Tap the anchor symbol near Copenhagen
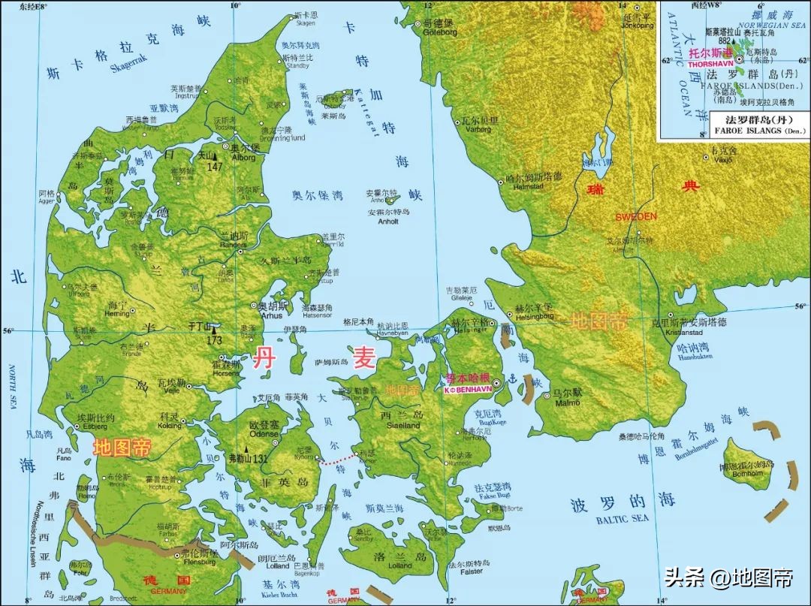click(x=514, y=380)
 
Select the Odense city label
click(x=264, y=434)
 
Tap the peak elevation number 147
click(x=216, y=166)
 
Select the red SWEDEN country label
click(x=635, y=217)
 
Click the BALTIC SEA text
click(x=621, y=519)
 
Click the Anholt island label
click(x=388, y=222)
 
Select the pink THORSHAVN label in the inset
click(x=710, y=65)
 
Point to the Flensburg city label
click(x=199, y=561)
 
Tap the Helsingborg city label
click(x=534, y=316)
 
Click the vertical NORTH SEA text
click(x=12, y=387)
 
